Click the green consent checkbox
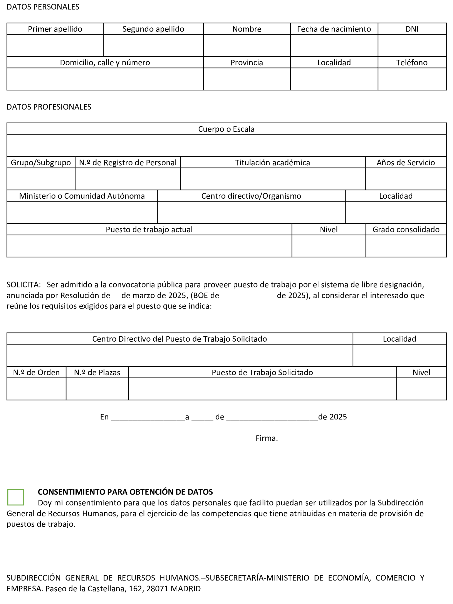coord(16,497)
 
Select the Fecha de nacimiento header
coord(334,29)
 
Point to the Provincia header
coord(247,62)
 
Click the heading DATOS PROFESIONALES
coord(49,107)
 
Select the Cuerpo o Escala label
coord(226,129)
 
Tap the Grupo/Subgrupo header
coord(41,163)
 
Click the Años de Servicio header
coord(406,163)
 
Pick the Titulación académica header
coord(272,163)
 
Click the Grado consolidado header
coord(406,229)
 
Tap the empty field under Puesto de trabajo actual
coord(149,246)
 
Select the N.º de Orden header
coord(36,372)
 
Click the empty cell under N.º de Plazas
coord(97,389)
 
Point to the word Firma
coord(267,438)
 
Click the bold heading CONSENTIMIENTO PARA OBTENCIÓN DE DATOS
coord(125,492)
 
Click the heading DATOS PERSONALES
coord(43,7)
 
